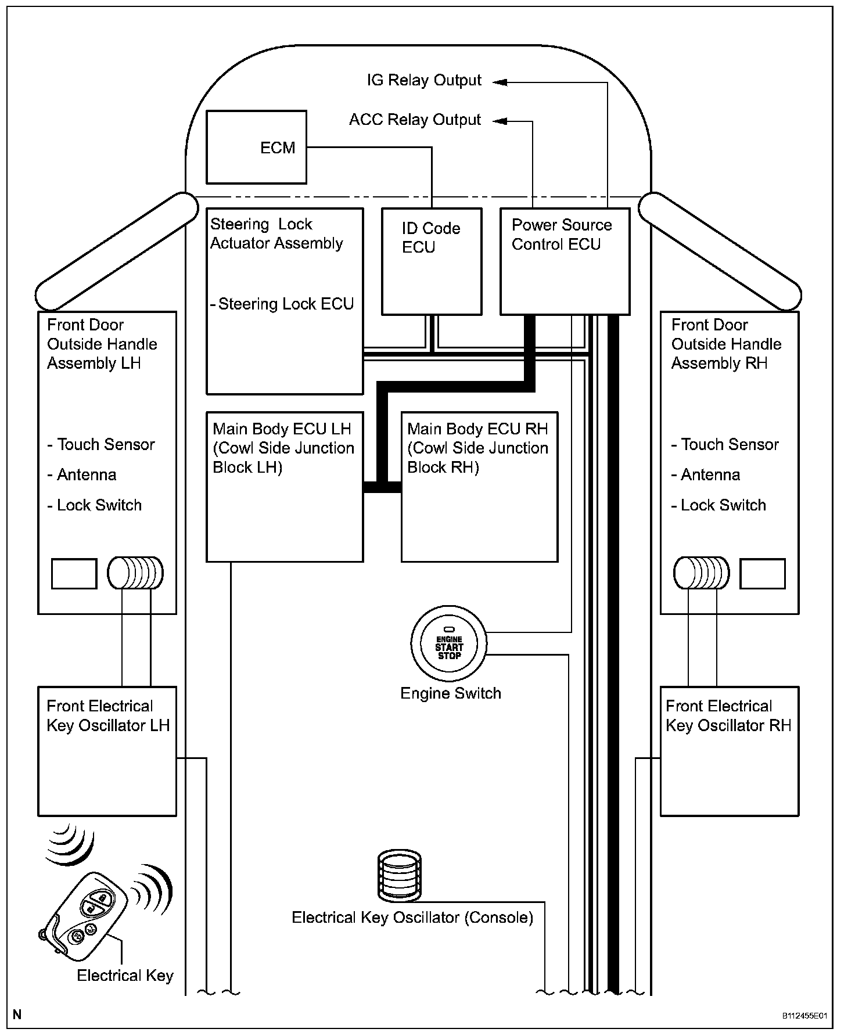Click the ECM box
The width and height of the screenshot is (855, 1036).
256,148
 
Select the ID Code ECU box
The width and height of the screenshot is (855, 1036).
432,262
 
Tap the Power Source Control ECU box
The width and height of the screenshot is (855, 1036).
565,262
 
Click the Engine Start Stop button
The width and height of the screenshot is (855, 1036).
449,643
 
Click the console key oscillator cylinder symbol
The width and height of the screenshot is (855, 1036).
399,876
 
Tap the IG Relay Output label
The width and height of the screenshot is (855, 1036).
424,80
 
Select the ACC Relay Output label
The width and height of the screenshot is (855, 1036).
415,120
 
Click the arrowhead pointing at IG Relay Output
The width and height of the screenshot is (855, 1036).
500,82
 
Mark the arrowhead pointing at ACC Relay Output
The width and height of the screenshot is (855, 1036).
500,121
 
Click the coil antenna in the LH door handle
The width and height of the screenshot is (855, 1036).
135,573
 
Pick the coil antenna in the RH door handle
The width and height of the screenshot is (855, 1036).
701,573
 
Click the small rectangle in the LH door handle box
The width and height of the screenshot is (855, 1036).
74,574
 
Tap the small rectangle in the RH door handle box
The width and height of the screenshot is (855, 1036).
763,574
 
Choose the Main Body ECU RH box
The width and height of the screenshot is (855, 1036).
480,487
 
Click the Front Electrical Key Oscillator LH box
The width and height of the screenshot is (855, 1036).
107,751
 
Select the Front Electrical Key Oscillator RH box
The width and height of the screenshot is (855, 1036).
730,751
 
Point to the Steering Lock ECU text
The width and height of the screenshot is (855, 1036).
285,304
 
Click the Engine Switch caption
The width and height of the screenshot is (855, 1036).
451,693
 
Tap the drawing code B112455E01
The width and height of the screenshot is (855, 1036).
804,1016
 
